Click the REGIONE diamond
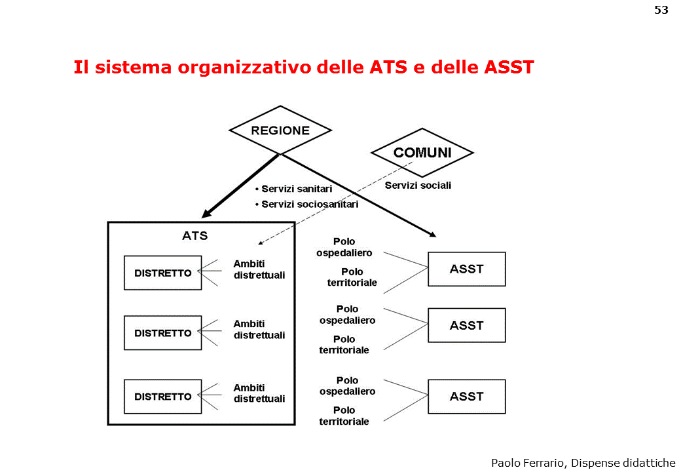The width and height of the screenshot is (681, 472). click(280, 130)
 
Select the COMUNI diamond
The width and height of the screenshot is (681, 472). click(422, 153)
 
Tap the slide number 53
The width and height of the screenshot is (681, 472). click(661, 10)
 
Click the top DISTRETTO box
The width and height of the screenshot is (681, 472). click(163, 273)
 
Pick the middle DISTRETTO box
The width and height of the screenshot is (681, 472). click(163, 333)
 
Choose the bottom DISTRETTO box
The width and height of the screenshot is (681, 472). click(163, 397)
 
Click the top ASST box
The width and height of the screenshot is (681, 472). click(466, 269)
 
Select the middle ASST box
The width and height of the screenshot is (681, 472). click(466, 325)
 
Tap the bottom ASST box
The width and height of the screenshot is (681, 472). click(466, 396)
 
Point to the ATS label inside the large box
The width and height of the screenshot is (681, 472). click(194, 236)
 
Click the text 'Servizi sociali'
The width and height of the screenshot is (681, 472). click(418, 186)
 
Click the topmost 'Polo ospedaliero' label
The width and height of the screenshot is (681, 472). click(344, 247)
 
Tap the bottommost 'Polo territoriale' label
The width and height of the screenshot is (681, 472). click(344, 416)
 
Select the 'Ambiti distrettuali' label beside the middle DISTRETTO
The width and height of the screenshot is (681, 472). click(259, 329)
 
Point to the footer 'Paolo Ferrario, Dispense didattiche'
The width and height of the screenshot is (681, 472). click(583, 463)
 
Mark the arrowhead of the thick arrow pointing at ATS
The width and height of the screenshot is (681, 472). click(206, 214)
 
